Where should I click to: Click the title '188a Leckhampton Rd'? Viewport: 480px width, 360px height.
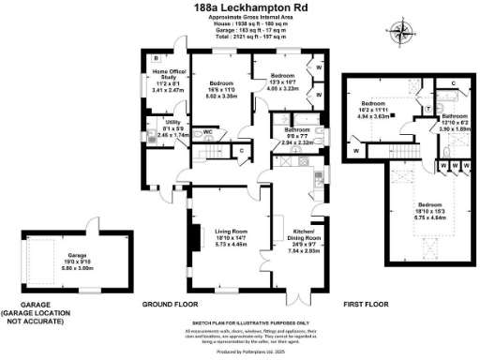(240, 7)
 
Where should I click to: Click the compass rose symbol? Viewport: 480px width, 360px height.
(404, 34)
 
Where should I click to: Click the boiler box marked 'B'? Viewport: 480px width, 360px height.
(156, 58)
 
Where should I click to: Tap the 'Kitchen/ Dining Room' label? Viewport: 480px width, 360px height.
(306, 238)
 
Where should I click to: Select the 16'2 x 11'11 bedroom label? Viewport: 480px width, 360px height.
(374, 108)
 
